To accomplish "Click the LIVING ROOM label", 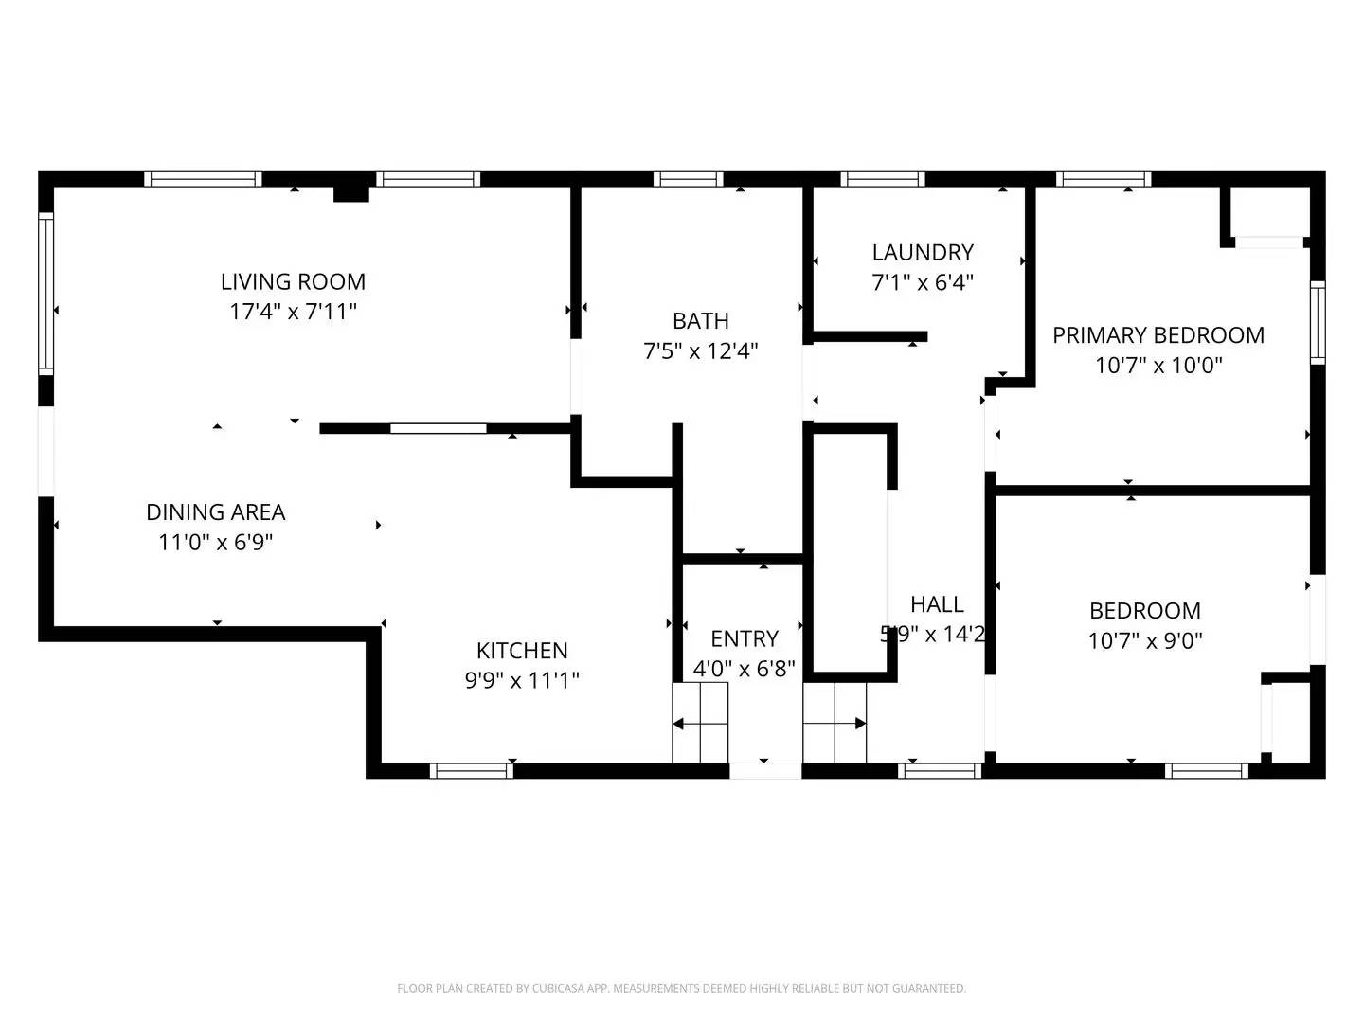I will [x=293, y=281].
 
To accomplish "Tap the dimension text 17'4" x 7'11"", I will [x=293, y=312].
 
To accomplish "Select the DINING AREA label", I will [x=215, y=512].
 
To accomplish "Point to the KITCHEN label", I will [x=522, y=651].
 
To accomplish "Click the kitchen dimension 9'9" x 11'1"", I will [x=522, y=680].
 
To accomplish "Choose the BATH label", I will [x=701, y=321].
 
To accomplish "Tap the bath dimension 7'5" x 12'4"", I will [x=701, y=351].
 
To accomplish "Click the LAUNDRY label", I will [x=923, y=253].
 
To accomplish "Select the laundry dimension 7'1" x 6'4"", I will [x=923, y=282].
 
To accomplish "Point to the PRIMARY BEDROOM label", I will [x=1158, y=335].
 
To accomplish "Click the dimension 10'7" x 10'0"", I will [x=1158, y=366].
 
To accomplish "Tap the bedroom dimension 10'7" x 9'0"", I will [x=1145, y=641].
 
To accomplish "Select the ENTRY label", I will [x=745, y=638].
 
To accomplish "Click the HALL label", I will [x=937, y=604].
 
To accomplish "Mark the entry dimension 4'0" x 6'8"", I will [x=745, y=669].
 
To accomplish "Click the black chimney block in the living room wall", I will [x=351, y=192].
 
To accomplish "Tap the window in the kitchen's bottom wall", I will [x=472, y=771].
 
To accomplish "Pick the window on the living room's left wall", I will [x=45, y=294].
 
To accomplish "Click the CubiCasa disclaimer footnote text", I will [x=681, y=988].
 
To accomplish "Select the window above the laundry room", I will [x=883, y=179].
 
